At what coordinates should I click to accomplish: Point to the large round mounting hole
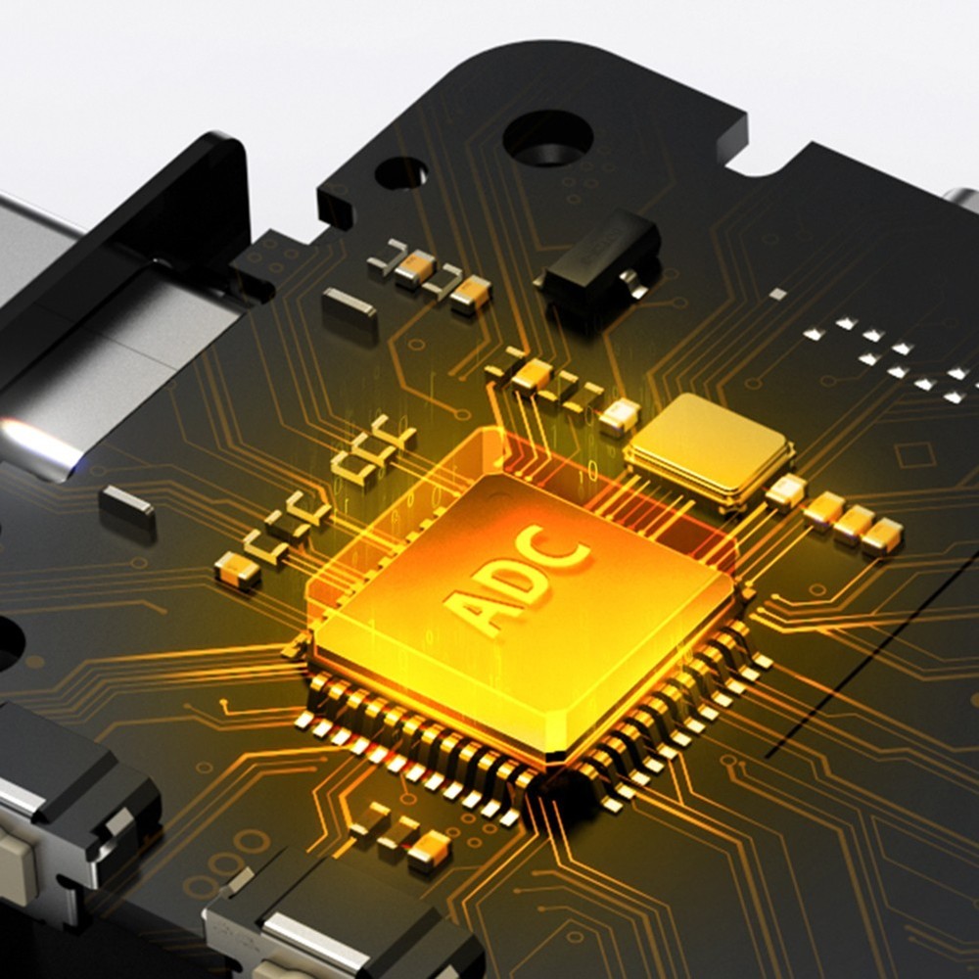pos(547,137)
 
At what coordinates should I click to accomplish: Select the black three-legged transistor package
pos(599,258)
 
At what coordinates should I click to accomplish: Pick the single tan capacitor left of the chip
pos(236,570)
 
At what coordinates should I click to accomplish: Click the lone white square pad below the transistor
pos(778,294)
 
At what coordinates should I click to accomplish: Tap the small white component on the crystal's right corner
pos(786,489)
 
